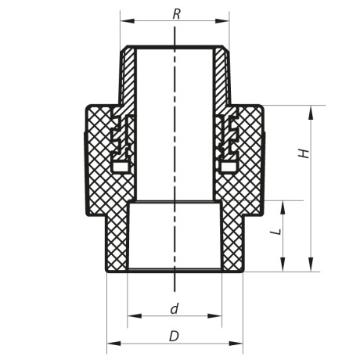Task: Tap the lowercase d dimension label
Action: point(175,308)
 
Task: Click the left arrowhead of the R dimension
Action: point(124,23)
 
